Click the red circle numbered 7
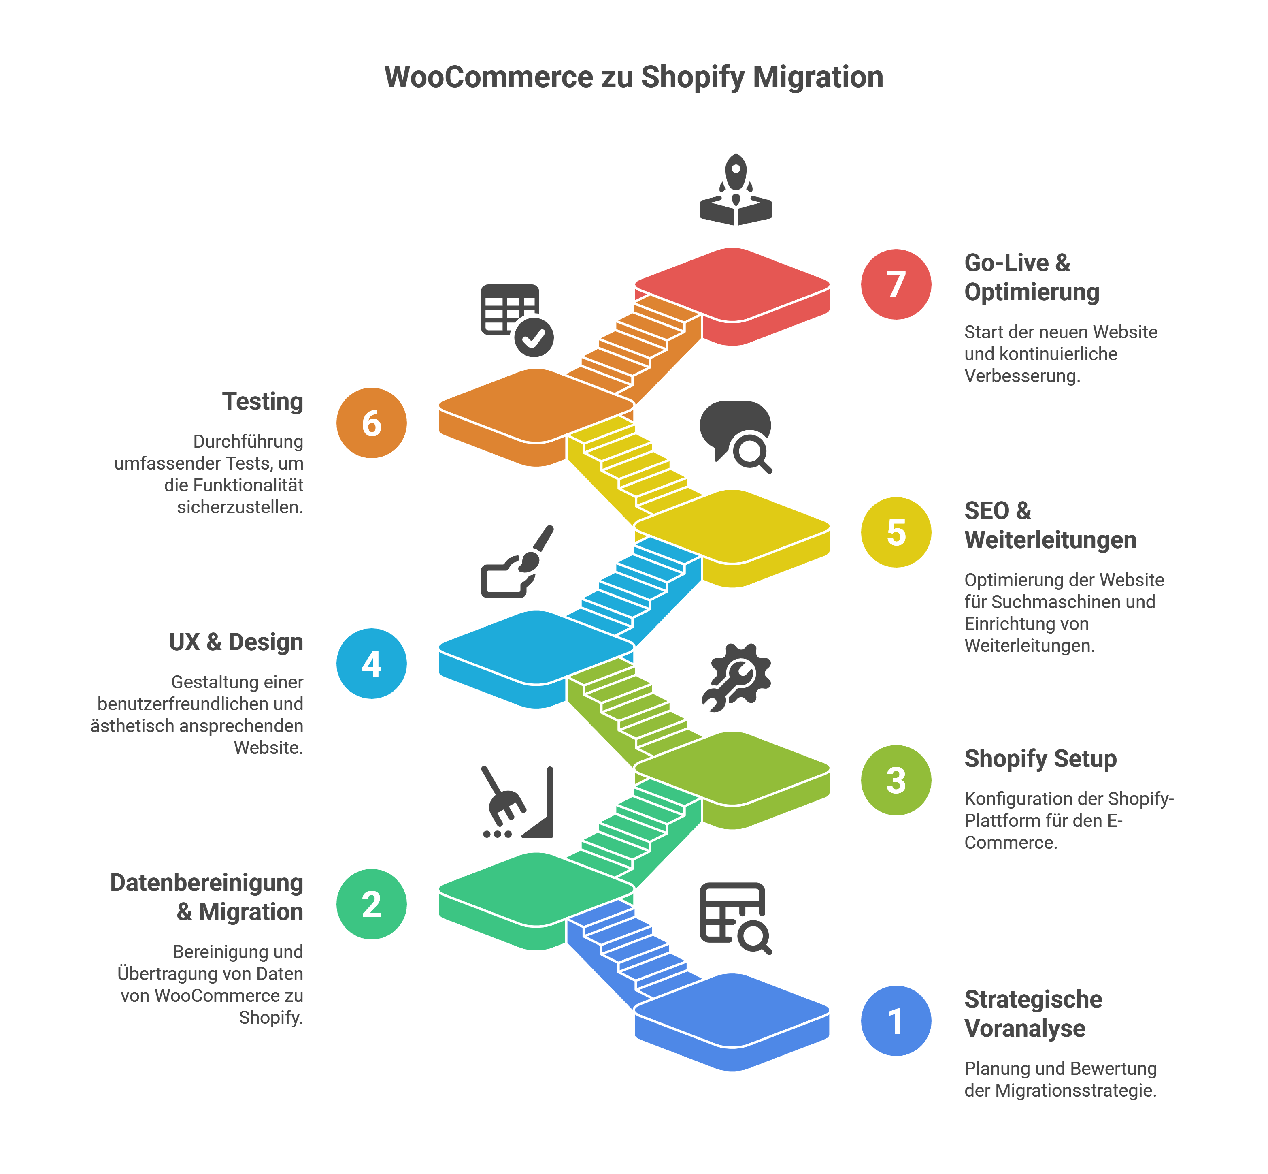click(x=895, y=284)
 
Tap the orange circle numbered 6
click(x=371, y=423)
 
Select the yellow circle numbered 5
click(x=895, y=532)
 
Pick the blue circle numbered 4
click(x=371, y=663)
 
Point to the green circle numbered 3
click(x=895, y=779)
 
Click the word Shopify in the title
click(x=692, y=77)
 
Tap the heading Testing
click(x=262, y=401)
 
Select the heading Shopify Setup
click(x=1040, y=758)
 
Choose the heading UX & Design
click(x=236, y=642)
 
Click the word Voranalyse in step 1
click(x=1024, y=1028)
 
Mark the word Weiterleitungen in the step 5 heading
click(x=1050, y=540)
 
